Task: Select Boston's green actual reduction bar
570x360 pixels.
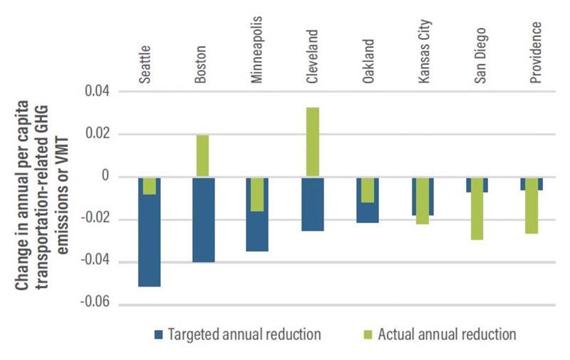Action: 202,155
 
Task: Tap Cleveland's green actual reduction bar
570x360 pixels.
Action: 313,142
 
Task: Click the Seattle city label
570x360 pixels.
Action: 146,65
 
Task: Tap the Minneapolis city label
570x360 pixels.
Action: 257,50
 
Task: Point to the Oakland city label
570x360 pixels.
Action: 368,65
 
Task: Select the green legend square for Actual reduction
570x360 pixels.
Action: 368,334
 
